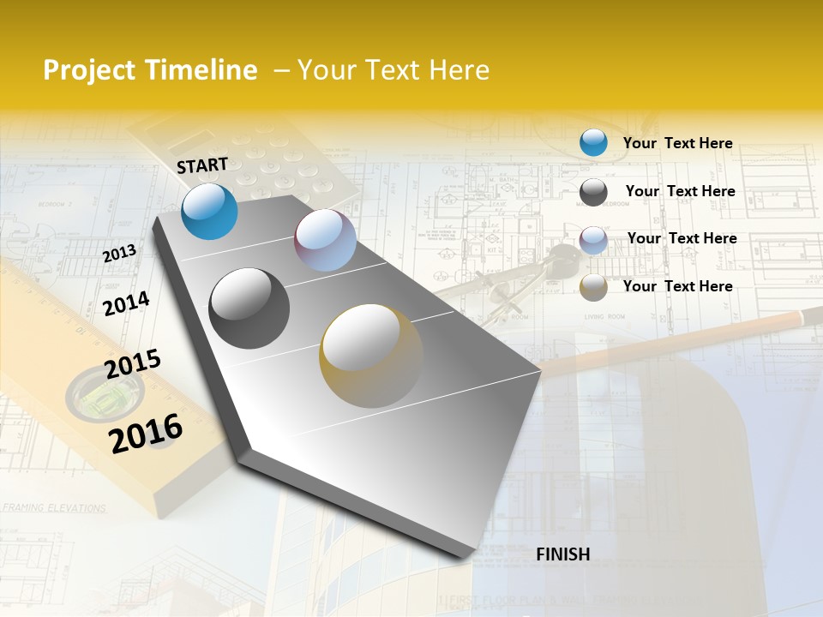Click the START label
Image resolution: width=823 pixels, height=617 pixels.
click(202, 165)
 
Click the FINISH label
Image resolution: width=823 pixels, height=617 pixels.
click(562, 554)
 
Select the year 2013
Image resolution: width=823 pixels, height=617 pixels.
click(119, 254)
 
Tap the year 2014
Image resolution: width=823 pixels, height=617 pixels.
click(126, 303)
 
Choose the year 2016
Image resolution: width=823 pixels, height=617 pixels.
click(146, 433)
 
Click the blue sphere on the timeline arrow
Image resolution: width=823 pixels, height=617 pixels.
click(209, 211)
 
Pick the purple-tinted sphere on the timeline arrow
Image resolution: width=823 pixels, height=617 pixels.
click(325, 241)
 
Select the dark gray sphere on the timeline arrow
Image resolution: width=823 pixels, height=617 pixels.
click(249, 308)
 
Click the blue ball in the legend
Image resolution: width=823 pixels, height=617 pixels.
click(593, 142)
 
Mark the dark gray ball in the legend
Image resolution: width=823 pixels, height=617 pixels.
click(593, 191)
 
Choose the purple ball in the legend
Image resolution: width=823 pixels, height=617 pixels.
click(593, 239)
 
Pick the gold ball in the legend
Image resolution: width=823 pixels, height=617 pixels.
click(593, 287)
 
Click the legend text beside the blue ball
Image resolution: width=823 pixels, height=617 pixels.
click(677, 143)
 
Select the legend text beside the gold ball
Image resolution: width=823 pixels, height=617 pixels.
click(677, 286)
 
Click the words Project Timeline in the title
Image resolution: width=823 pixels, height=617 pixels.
click(150, 70)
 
